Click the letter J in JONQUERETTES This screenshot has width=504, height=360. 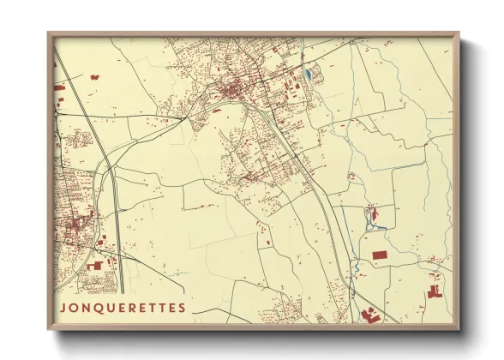pos(63,307)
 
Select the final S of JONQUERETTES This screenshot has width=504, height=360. pos(182,307)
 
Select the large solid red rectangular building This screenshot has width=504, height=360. pos(379,255)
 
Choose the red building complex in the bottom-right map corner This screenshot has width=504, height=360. pos(435,292)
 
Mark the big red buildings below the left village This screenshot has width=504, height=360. pos(94,266)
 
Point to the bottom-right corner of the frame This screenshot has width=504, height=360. pos(458,328)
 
